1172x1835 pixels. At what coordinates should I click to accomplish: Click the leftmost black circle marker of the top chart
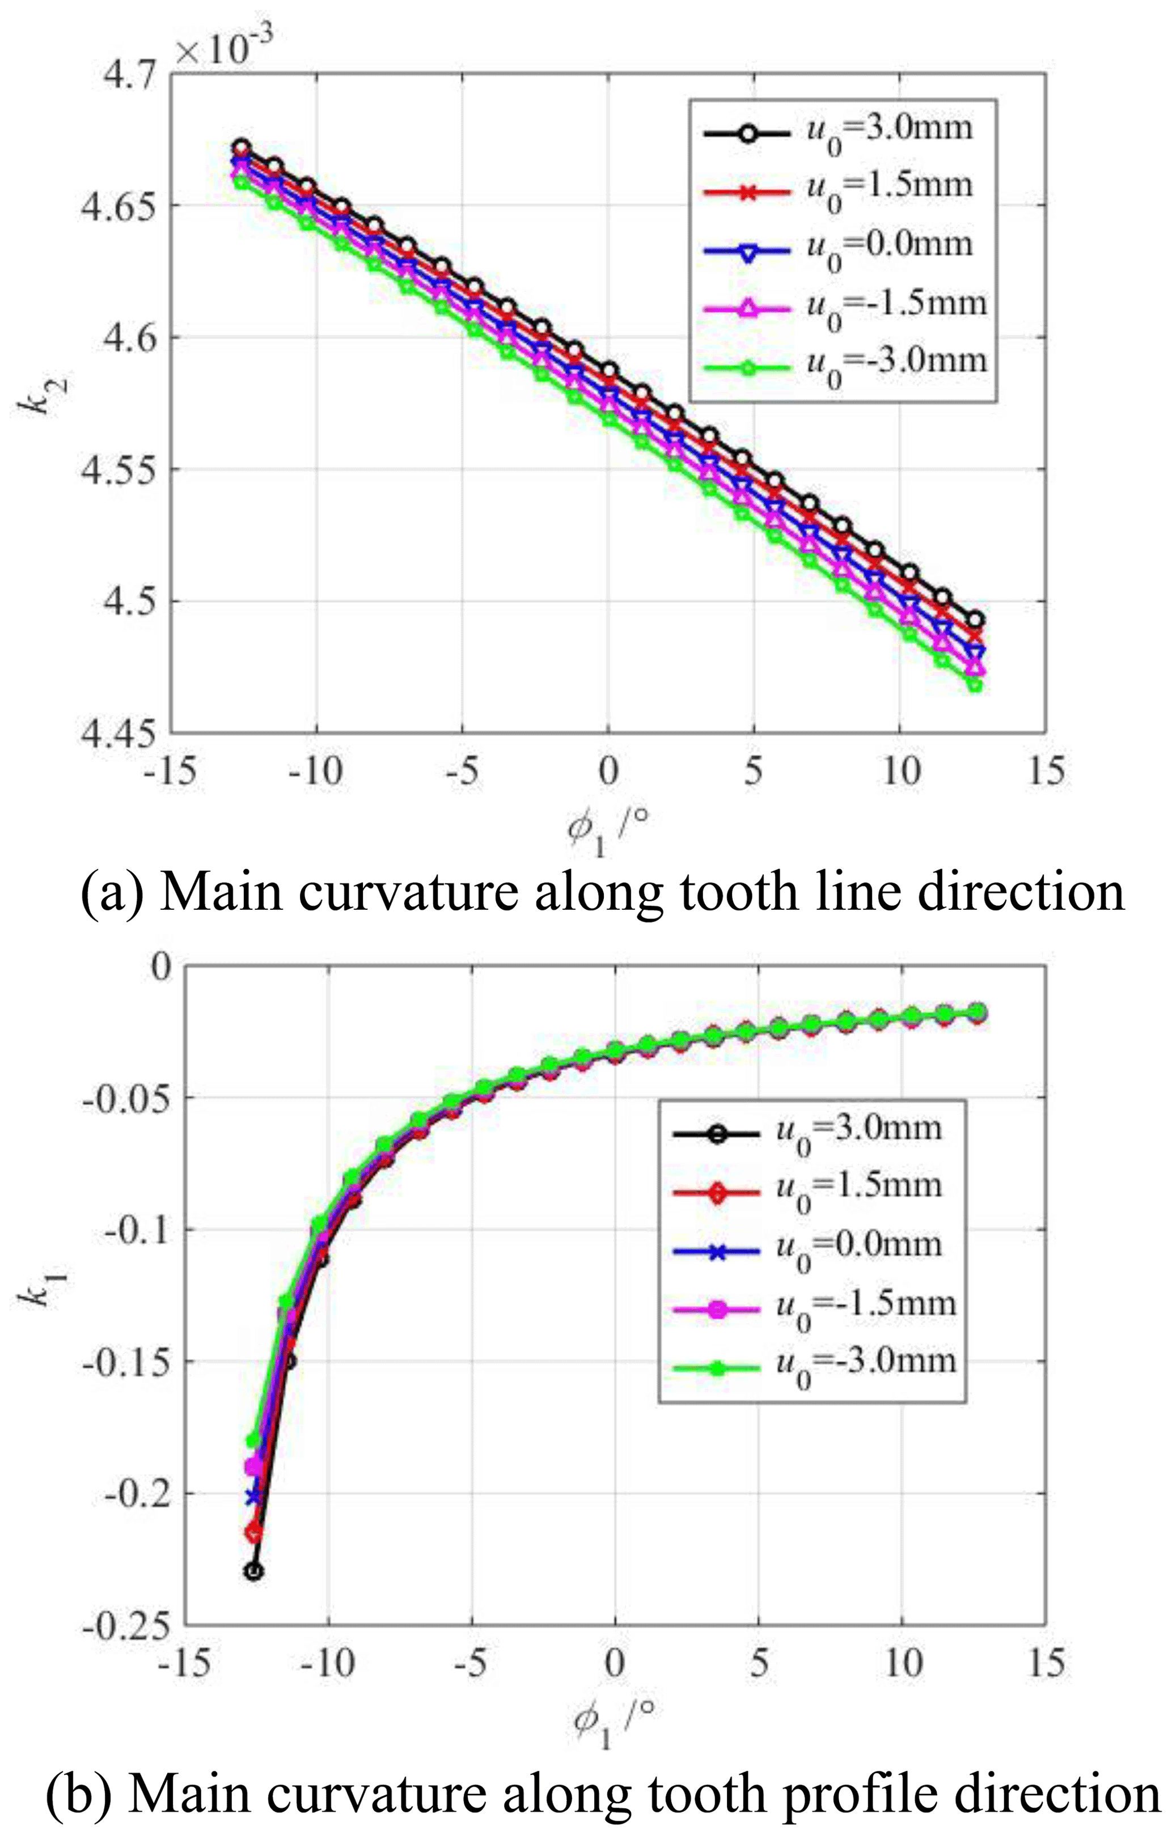point(242,148)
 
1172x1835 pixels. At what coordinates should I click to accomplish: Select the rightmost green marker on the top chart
point(975,685)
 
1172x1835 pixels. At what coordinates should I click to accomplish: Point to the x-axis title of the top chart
point(607,832)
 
